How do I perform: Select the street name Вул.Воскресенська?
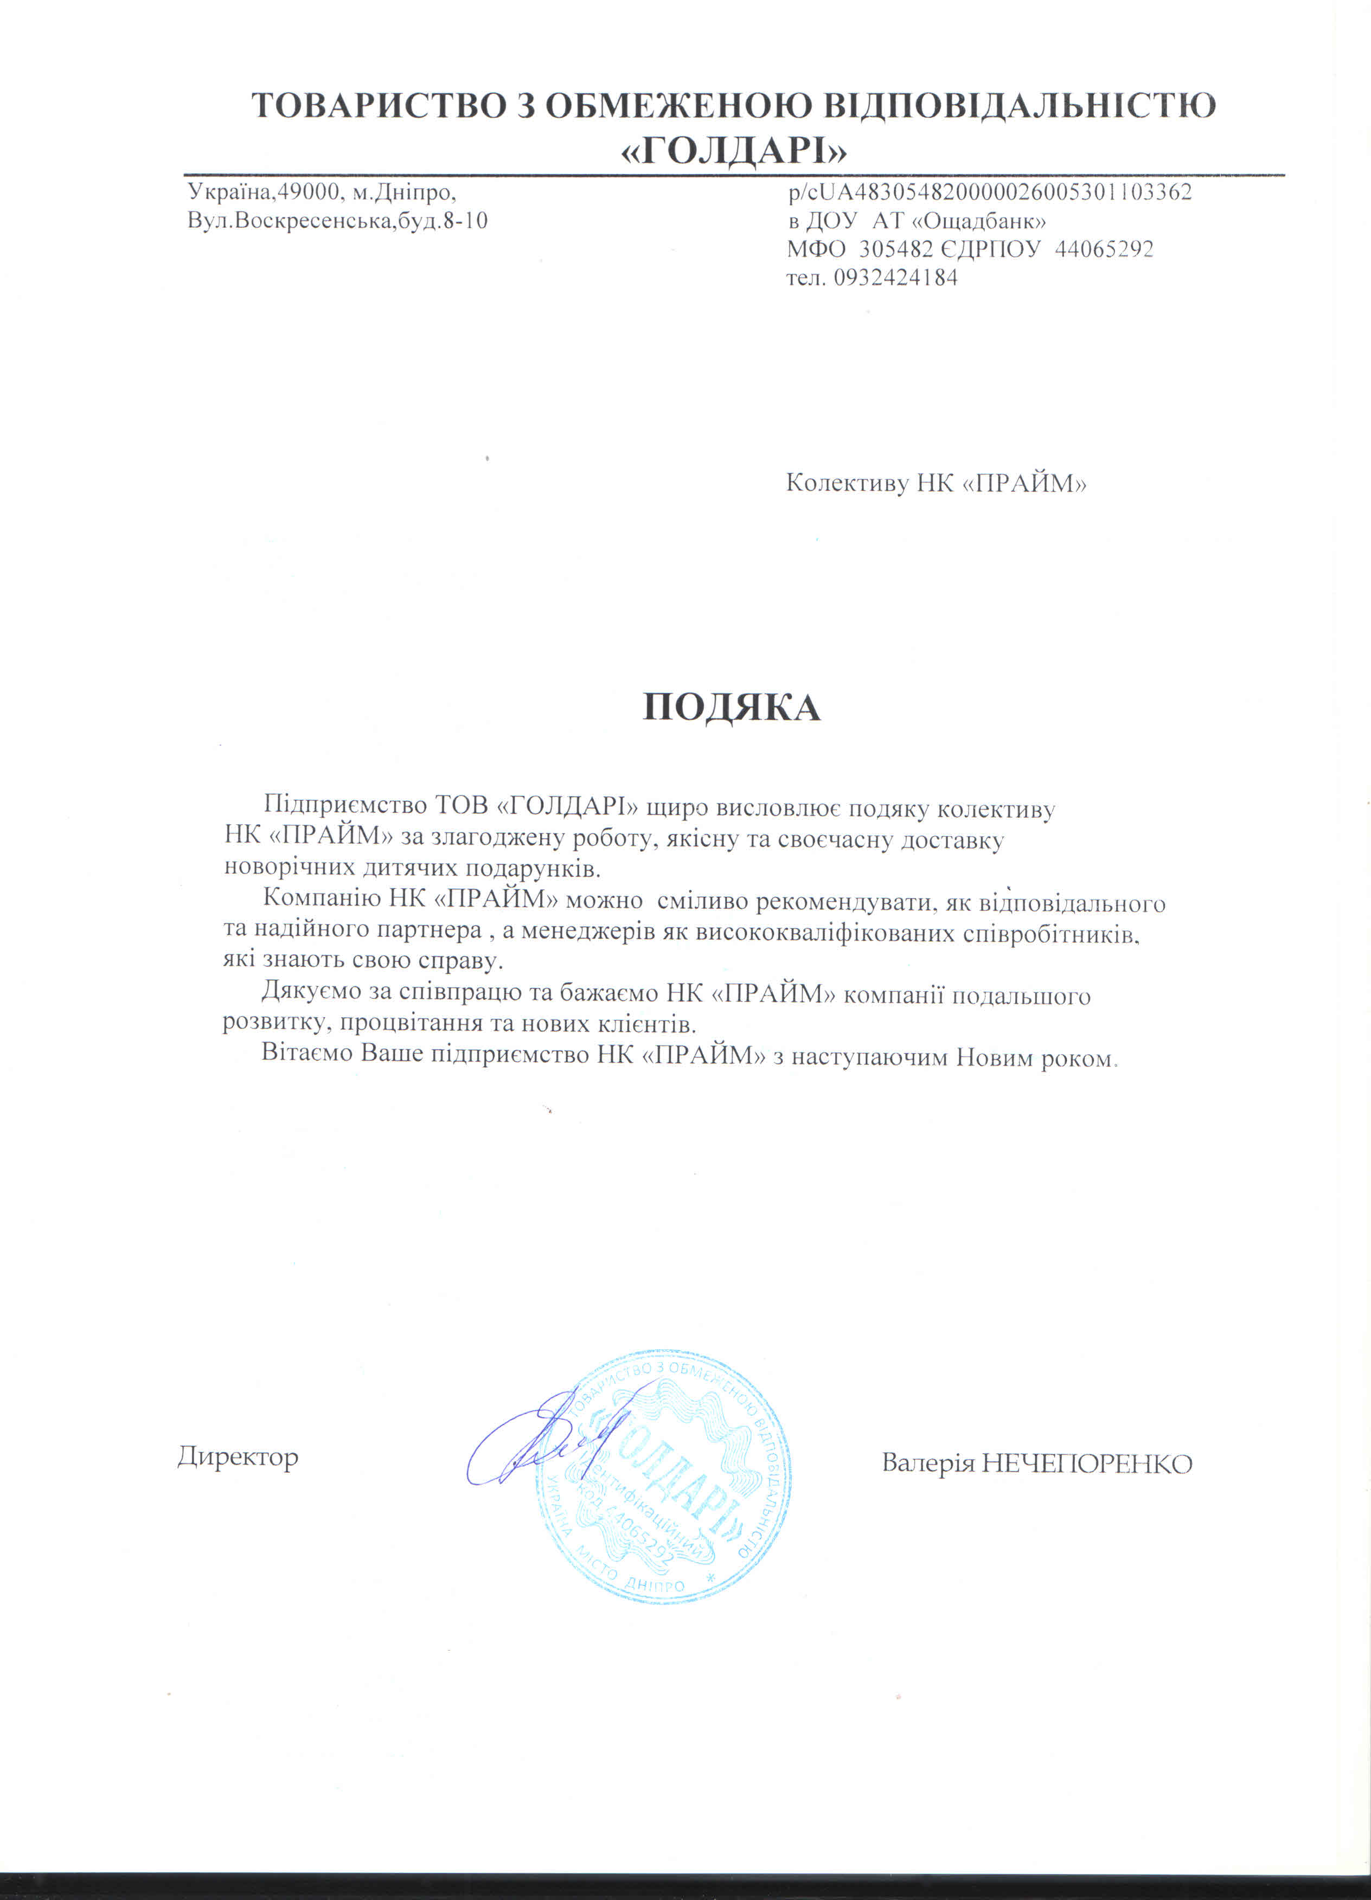click(284, 222)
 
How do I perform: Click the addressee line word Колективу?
click(847, 483)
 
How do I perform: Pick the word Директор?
click(238, 1457)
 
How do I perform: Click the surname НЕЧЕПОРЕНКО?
click(1086, 1463)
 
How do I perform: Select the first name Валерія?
click(928, 1463)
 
